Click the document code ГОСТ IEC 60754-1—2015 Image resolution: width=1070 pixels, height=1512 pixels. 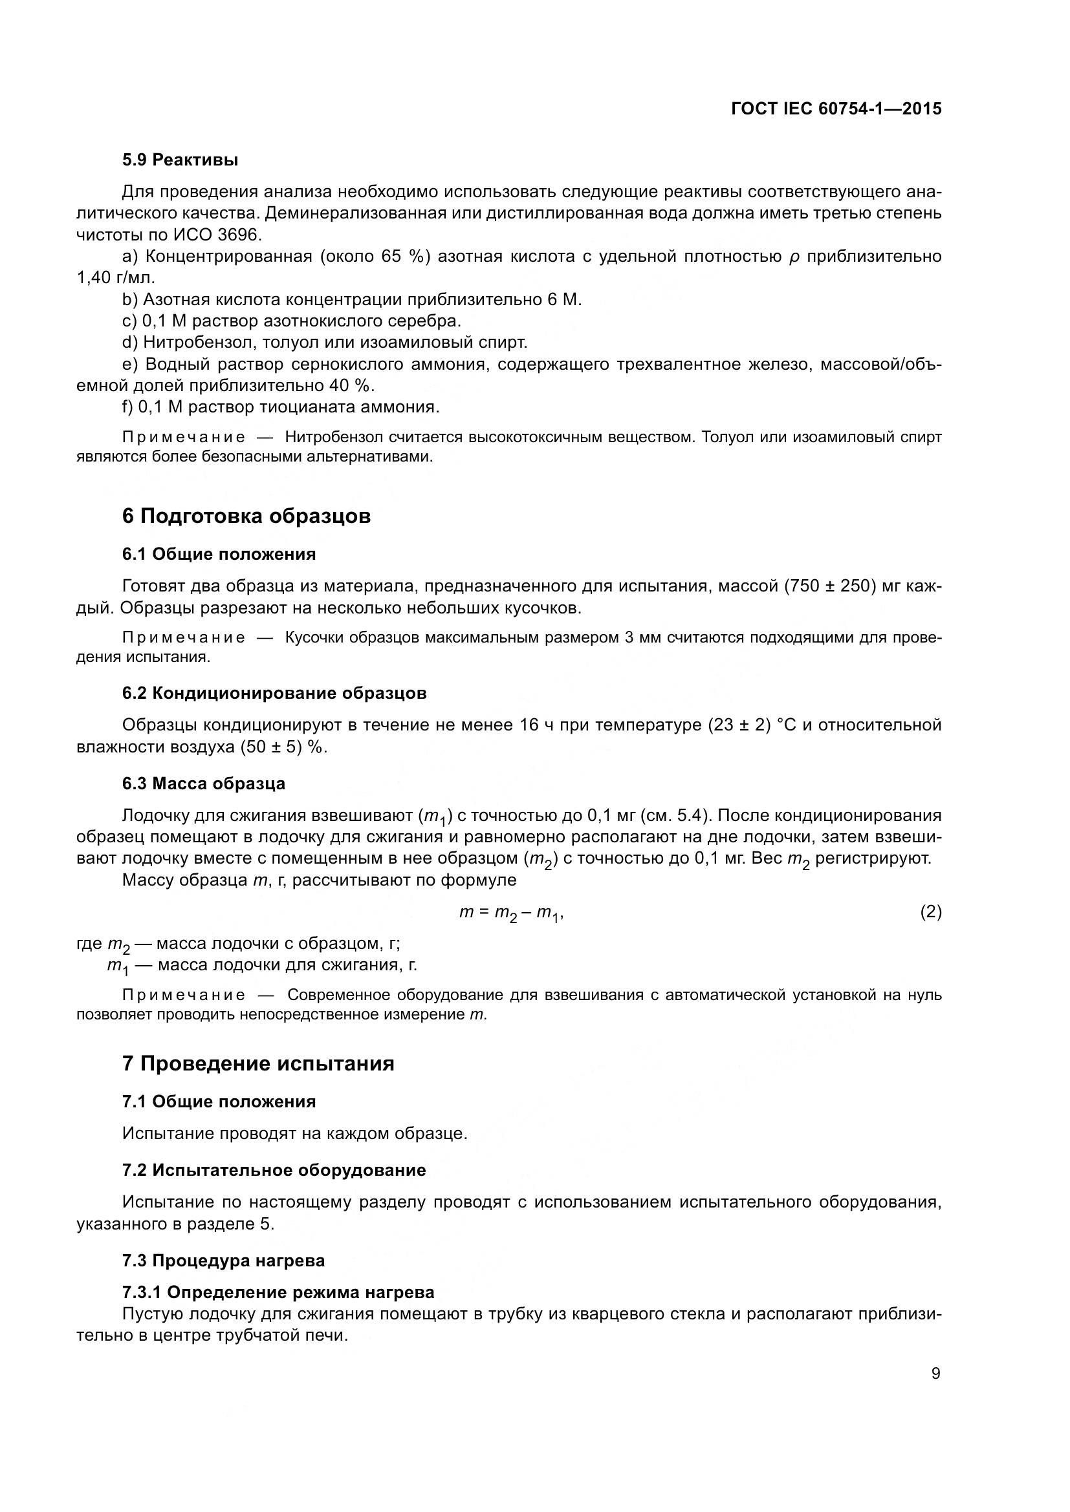click(x=836, y=109)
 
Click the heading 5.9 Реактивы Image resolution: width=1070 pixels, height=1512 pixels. click(x=180, y=160)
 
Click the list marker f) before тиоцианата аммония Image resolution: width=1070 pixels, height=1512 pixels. click(x=128, y=407)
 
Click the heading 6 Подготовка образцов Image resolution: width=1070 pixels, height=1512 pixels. click(x=246, y=516)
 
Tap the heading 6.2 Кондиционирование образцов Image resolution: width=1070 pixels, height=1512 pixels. click(x=274, y=693)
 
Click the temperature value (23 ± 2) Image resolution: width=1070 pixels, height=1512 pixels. click(x=739, y=725)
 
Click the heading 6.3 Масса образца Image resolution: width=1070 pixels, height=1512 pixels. click(x=204, y=783)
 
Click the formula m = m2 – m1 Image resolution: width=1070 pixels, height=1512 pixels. click(x=510, y=913)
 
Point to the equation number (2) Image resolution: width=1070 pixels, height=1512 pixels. click(x=930, y=912)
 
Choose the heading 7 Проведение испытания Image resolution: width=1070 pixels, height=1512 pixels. click(x=257, y=1063)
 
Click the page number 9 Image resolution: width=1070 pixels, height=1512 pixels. click(x=935, y=1374)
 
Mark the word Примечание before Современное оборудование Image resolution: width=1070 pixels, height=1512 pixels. click(x=183, y=994)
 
